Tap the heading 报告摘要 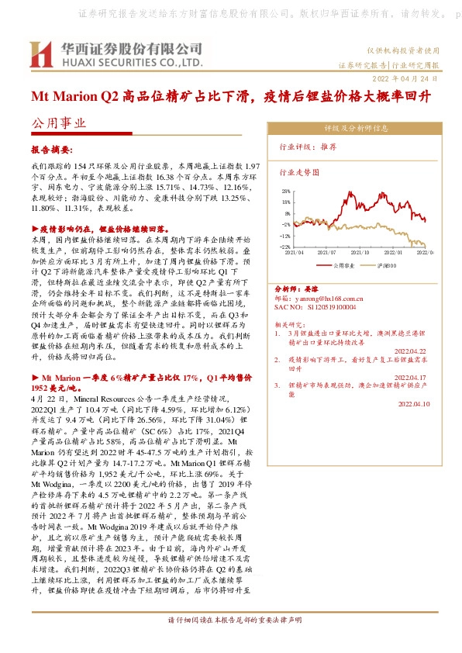point(51,148)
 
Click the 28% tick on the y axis point(286,189)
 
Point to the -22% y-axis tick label point(284,247)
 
